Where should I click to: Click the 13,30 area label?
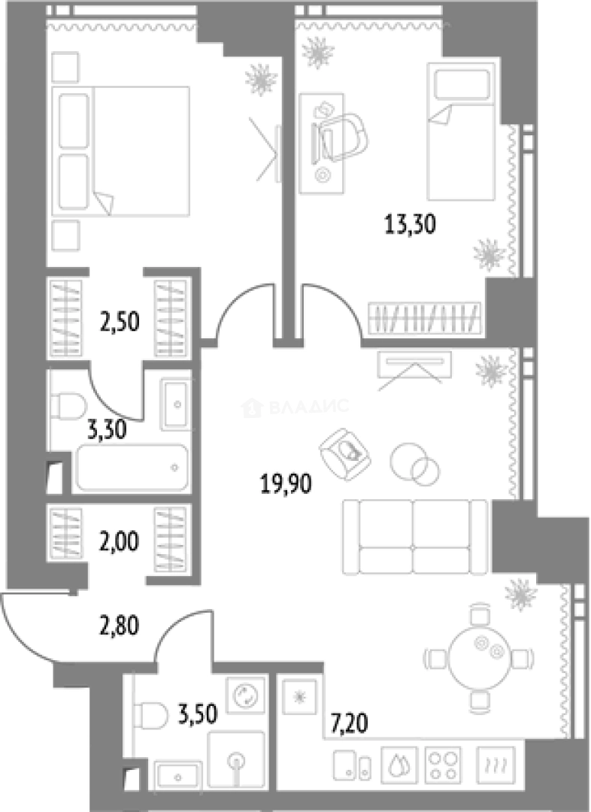[x=411, y=226]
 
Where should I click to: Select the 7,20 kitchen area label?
[x=349, y=723]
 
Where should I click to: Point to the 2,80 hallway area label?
[x=119, y=626]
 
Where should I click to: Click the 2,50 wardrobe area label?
[x=119, y=322]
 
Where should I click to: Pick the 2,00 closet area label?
[x=119, y=542]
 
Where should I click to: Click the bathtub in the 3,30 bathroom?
[x=132, y=468]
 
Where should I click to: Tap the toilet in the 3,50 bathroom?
[x=151, y=716]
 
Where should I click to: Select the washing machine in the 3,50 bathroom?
[x=245, y=695]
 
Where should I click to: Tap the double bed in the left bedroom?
[x=121, y=150]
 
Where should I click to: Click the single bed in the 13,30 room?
[x=462, y=132]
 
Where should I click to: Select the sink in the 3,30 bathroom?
[x=175, y=404]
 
